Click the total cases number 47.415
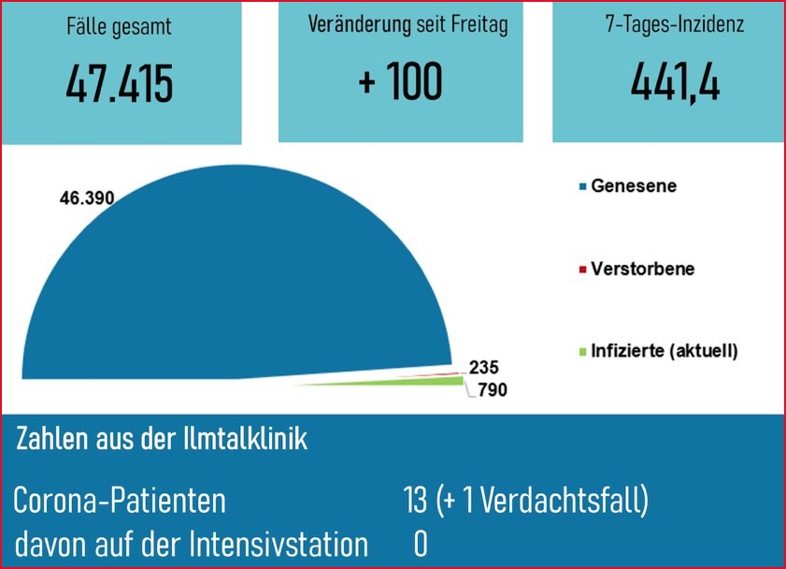coord(120,84)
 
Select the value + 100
coord(400,82)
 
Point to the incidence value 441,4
coord(674,84)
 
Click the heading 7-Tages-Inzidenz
coord(674,25)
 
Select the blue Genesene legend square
coord(583,187)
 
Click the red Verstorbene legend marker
coord(583,270)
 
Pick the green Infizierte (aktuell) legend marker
coord(583,353)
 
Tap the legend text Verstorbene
coord(643,270)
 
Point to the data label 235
coord(484,368)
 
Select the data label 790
coord(490,390)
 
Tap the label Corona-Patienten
coord(120,501)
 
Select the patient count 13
coord(415,501)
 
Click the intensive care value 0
coord(421,544)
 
